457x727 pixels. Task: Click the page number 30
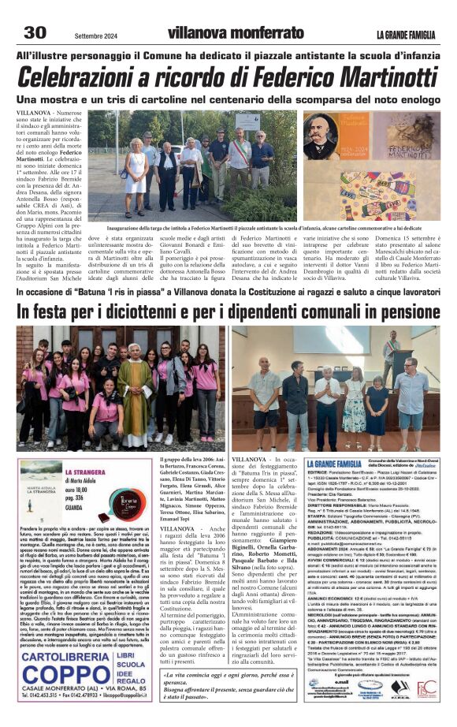(35, 32)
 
